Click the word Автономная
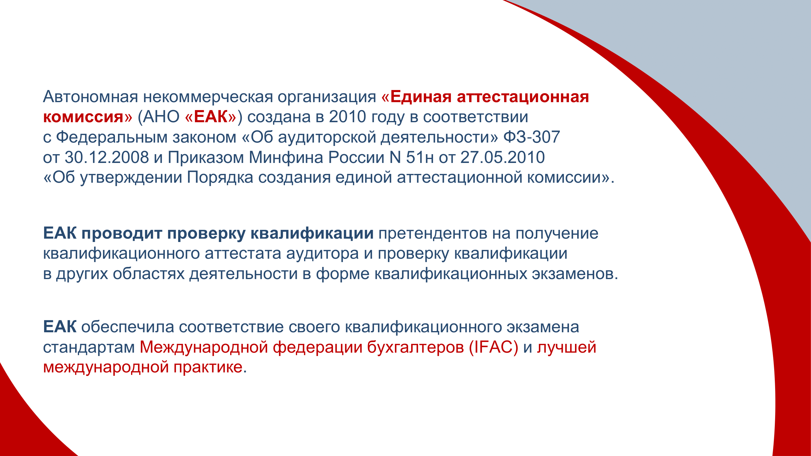pyautogui.click(x=90, y=97)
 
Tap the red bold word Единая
pyautogui.click(x=421, y=97)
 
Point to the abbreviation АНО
pyautogui.click(x=161, y=117)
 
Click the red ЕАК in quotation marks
pyautogui.click(x=211, y=117)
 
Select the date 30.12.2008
pyautogui.click(x=107, y=157)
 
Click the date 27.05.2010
pyautogui.click(x=502, y=157)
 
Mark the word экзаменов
pyautogui.click(x=573, y=274)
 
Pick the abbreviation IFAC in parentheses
pyautogui.click(x=494, y=347)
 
